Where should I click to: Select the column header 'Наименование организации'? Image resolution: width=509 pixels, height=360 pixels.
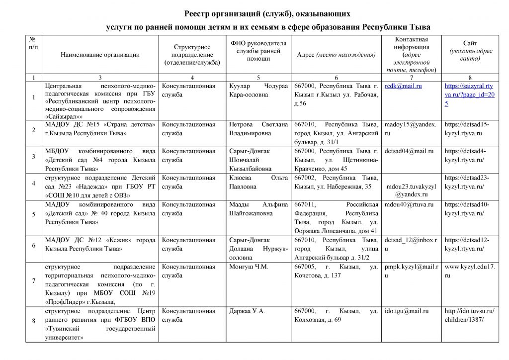(100, 55)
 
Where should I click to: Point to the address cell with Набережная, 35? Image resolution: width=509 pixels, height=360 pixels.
(336, 182)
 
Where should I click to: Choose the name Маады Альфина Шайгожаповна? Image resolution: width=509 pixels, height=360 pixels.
(258, 208)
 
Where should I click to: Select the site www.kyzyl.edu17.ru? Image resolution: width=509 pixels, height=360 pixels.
(469, 271)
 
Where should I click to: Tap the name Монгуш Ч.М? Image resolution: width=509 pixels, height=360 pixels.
(249, 267)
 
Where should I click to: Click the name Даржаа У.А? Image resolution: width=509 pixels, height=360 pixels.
(247, 311)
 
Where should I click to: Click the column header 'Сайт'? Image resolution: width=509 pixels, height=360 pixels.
(470, 44)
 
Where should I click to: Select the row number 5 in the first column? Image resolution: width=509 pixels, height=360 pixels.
(34, 214)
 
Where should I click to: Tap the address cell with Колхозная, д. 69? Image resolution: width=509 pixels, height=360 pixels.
(336, 315)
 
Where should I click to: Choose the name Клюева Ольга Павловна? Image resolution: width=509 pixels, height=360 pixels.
(258, 182)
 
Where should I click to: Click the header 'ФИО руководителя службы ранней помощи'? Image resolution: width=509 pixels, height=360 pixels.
(258, 51)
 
